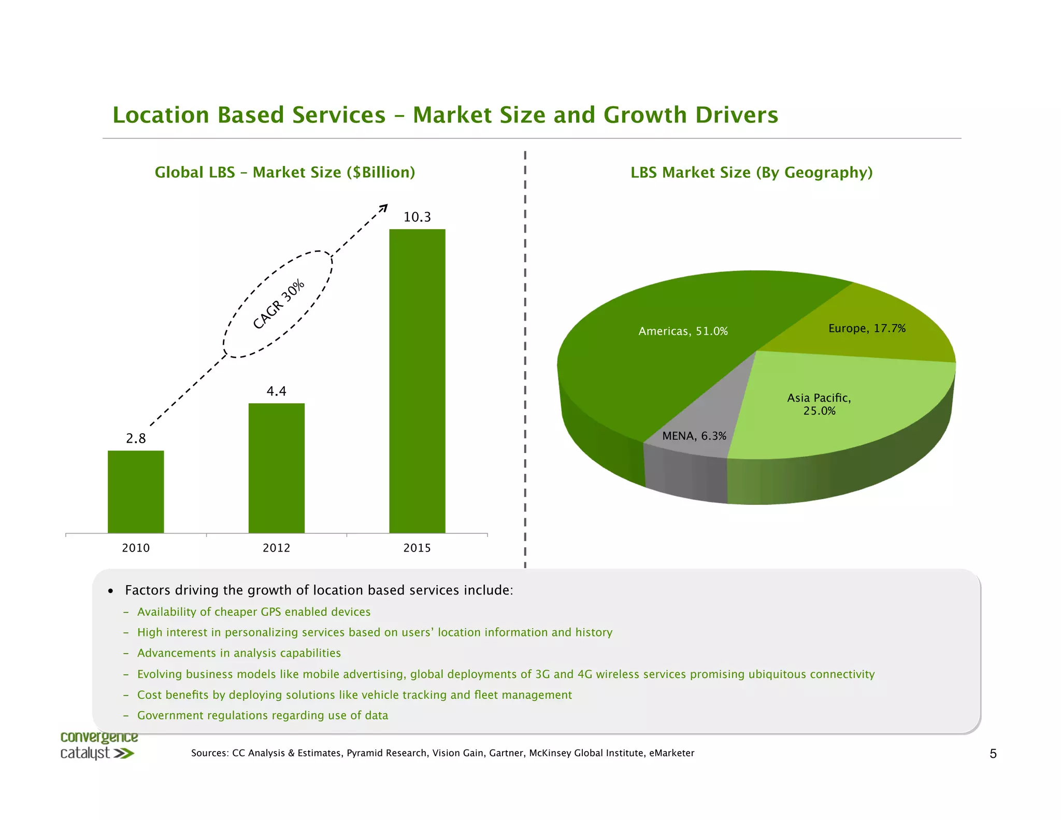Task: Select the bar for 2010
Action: click(136, 491)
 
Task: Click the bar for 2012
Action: click(276, 468)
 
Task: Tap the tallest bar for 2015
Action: click(417, 381)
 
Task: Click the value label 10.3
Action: click(417, 217)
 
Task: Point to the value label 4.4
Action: click(276, 391)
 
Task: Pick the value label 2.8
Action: click(136, 439)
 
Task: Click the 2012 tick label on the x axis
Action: click(276, 548)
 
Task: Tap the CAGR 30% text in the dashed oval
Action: click(278, 304)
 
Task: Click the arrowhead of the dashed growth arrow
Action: click(384, 207)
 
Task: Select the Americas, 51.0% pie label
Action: click(683, 331)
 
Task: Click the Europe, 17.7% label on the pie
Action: click(867, 328)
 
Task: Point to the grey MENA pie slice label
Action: click(694, 436)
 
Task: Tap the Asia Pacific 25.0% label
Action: click(819, 404)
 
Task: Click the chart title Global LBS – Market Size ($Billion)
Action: click(285, 172)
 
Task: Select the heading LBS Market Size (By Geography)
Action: click(751, 172)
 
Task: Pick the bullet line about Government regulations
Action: click(262, 715)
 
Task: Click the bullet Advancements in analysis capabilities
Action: click(239, 653)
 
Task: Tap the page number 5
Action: click(993, 754)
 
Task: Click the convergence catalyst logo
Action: click(98, 745)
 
